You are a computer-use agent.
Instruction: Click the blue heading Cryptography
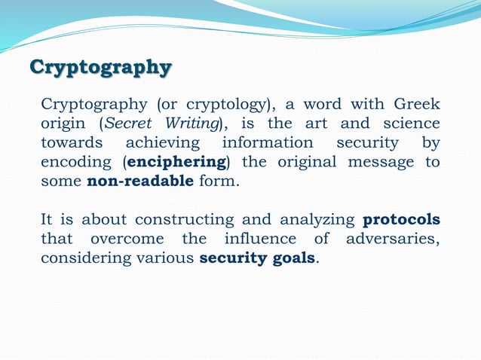coord(100,67)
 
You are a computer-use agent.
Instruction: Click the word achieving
coord(162,142)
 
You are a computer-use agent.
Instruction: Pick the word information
coord(267,142)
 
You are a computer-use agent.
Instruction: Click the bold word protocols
coord(402,221)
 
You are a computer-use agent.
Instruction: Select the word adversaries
coord(392,240)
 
